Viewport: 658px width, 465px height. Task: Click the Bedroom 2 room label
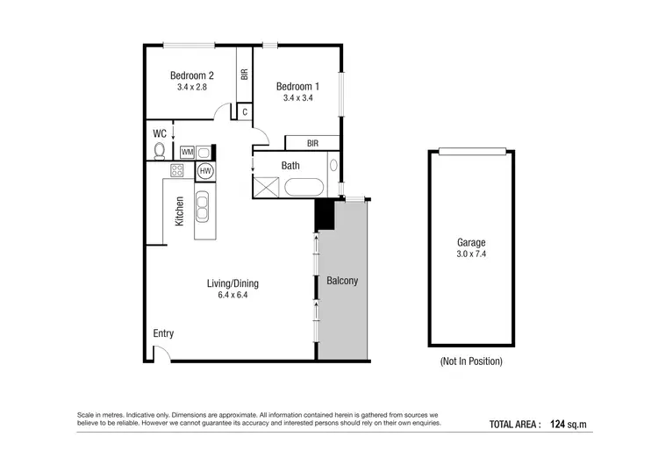(192, 75)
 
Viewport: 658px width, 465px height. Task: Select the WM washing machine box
(187, 152)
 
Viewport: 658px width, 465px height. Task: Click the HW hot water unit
(205, 171)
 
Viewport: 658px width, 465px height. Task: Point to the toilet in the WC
(160, 152)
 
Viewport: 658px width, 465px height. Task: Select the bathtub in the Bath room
(305, 187)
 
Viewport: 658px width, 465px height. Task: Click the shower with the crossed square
(266, 187)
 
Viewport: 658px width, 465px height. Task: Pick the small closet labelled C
(244, 111)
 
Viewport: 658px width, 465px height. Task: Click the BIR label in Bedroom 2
(244, 75)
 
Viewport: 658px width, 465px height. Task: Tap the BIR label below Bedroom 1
(312, 143)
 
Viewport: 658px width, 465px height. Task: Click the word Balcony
(342, 282)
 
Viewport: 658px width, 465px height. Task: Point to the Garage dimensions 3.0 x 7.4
(470, 254)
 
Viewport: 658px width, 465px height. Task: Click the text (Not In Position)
(471, 361)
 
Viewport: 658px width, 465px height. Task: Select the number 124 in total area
(560, 425)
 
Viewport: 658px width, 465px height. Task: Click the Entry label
(163, 333)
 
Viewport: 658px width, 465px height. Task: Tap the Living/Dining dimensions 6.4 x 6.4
(232, 296)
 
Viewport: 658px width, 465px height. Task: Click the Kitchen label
(179, 211)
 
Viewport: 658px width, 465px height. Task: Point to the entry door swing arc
(161, 352)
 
